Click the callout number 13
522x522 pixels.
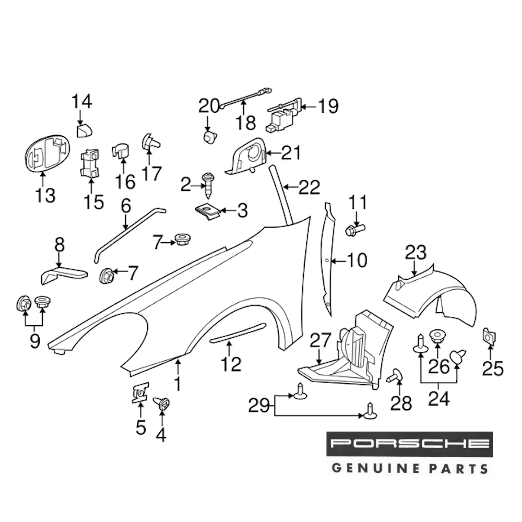coord(45,196)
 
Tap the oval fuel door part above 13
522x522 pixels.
coord(46,152)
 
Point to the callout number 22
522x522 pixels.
coord(309,187)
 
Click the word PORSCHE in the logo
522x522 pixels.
coord(409,444)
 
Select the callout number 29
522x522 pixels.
coord(262,406)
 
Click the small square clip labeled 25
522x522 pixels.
coord(490,337)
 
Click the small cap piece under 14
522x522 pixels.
coord(83,129)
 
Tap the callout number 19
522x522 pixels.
coord(327,106)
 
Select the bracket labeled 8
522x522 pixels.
coord(64,273)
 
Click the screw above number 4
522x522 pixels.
coord(161,403)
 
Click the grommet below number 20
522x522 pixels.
coord(209,137)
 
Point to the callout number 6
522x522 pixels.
coord(125,206)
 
